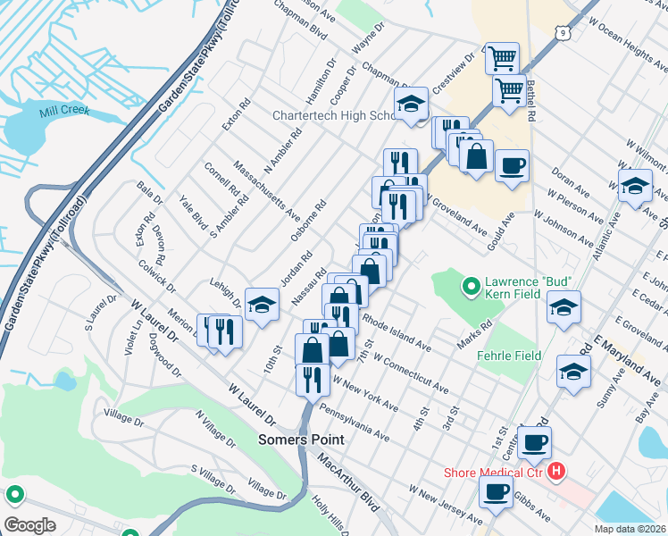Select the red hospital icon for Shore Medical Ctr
[557, 471]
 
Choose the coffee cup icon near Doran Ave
[512, 165]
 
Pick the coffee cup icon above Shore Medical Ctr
[535, 441]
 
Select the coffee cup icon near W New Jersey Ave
[496, 490]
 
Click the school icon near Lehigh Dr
[262, 305]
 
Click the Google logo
[29, 524]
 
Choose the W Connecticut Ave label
[411, 373]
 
